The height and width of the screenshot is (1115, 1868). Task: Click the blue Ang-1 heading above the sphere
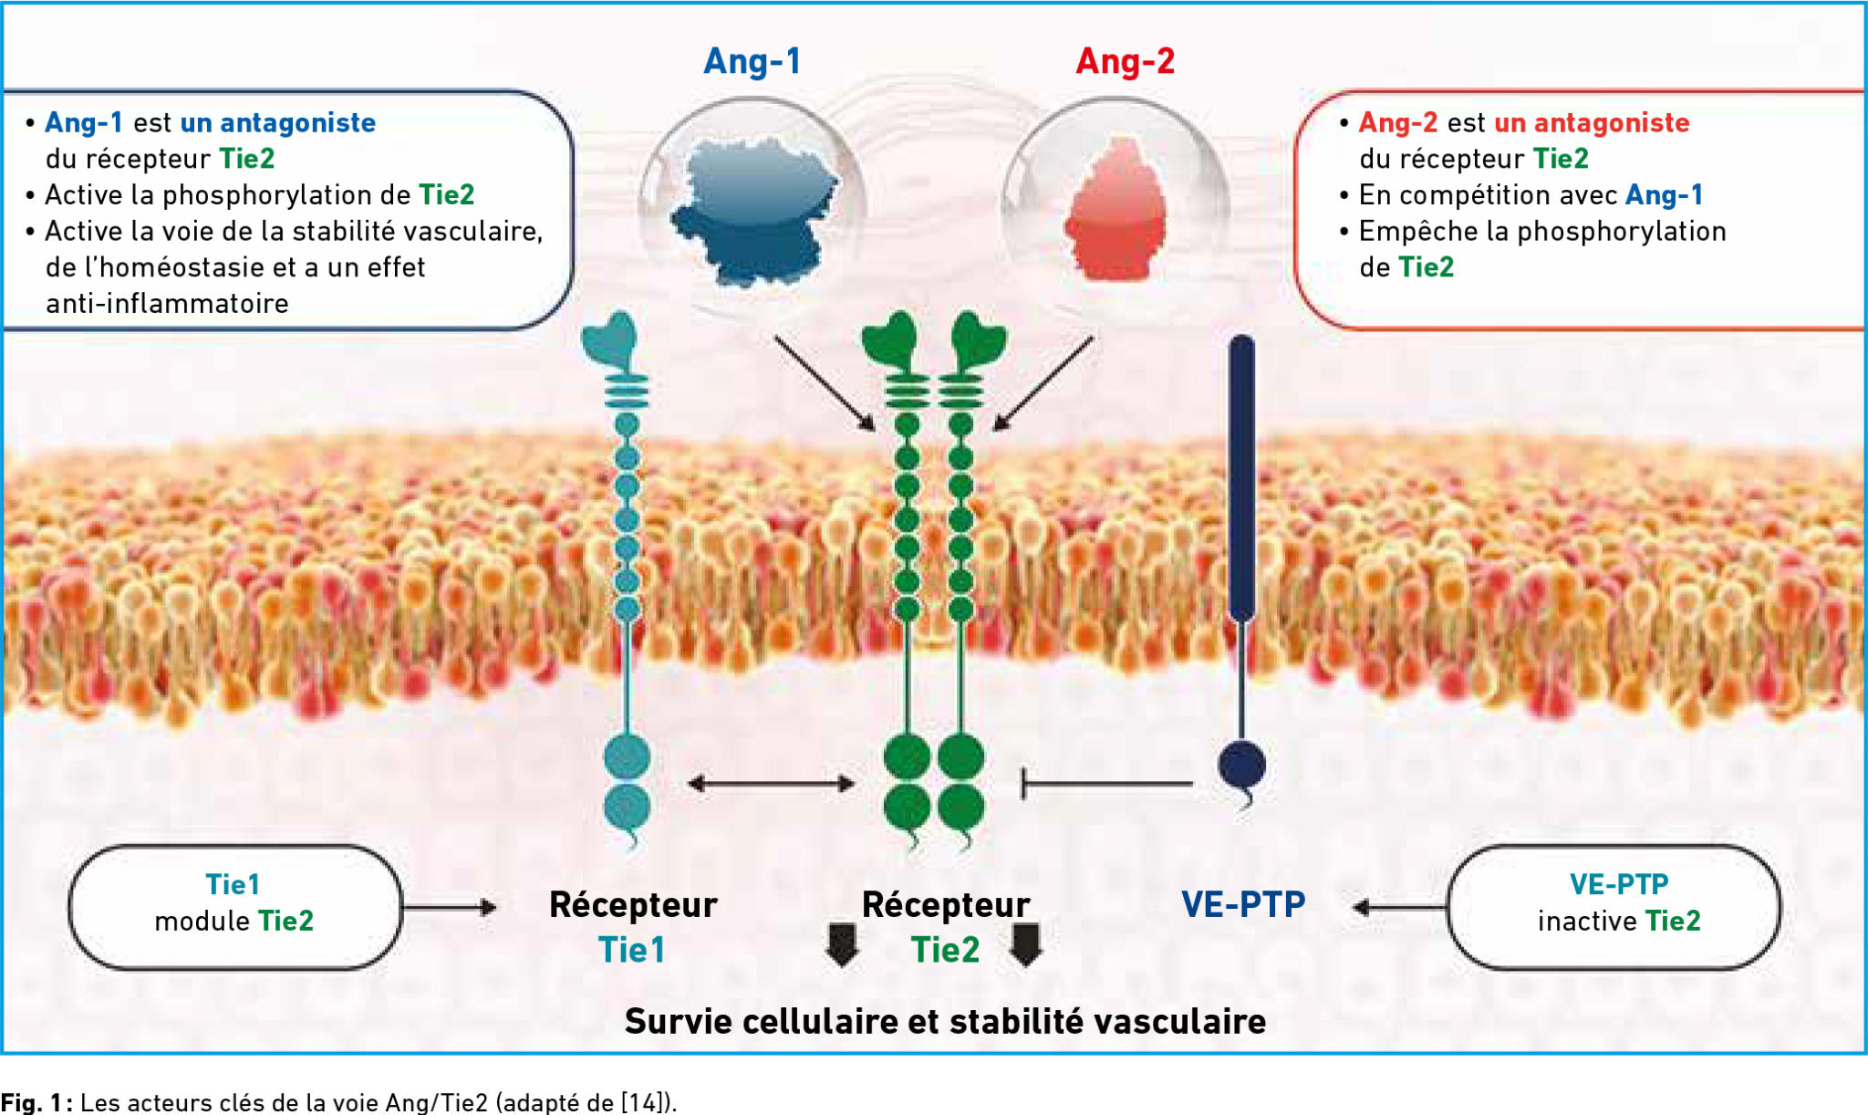[x=752, y=61]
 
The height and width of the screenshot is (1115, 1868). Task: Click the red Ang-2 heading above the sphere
[x=1125, y=61]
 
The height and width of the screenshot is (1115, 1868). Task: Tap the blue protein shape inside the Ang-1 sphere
[x=753, y=210]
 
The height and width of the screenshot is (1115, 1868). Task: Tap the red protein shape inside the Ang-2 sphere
[x=1116, y=212]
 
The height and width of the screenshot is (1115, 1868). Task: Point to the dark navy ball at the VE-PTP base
[x=1242, y=765]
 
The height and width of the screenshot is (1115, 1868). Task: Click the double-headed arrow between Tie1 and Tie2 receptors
[x=771, y=784]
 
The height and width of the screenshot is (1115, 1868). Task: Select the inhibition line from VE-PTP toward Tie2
[x=1107, y=784]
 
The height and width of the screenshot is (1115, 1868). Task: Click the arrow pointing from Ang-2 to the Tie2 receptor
[x=1043, y=383]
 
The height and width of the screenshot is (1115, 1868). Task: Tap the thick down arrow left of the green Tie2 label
[x=842, y=945]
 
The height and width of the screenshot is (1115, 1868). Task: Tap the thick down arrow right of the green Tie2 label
[x=1026, y=945]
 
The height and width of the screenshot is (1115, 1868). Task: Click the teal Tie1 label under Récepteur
[x=631, y=950]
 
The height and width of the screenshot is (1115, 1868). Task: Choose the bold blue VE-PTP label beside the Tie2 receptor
[x=1243, y=904]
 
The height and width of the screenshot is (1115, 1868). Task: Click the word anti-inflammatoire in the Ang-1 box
[x=167, y=303]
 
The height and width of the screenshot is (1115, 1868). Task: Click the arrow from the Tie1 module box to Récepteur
[x=450, y=907]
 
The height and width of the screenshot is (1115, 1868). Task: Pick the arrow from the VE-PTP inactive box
[x=1399, y=907]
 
